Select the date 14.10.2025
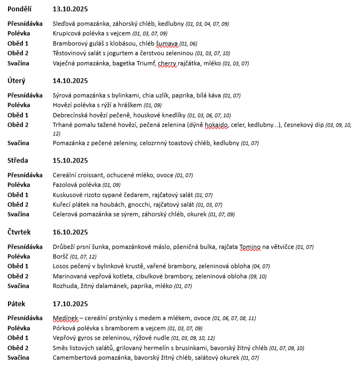click(x=70, y=81)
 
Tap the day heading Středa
click(x=18, y=160)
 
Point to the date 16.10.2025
click(x=70, y=232)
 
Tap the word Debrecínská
click(x=70, y=115)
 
